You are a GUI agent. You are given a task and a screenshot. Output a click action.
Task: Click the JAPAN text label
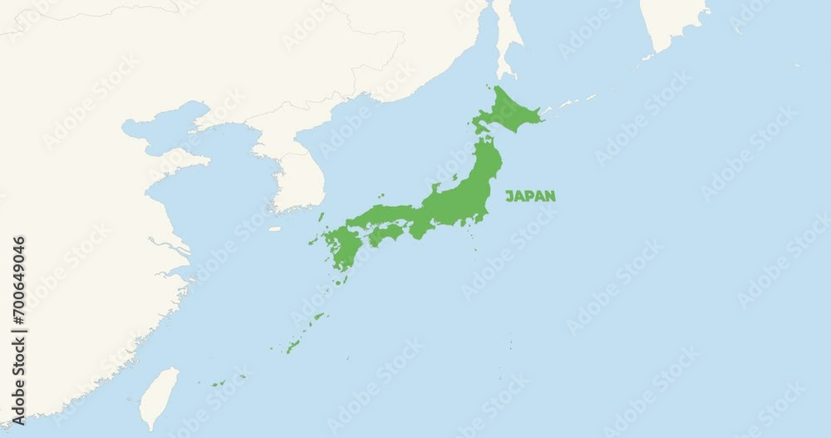coord(530,196)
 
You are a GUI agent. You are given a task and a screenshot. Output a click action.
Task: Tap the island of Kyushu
coord(341,248)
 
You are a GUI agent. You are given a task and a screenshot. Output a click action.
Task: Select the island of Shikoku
coord(386,234)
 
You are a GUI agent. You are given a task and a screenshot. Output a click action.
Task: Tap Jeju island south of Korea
coord(275,229)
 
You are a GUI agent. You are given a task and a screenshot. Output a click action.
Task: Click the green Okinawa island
coord(293,345)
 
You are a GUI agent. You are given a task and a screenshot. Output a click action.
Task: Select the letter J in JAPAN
coord(509,196)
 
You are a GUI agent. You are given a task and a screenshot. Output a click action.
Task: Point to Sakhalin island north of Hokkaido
coord(507,37)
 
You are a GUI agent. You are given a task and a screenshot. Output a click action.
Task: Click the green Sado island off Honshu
coord(435,187)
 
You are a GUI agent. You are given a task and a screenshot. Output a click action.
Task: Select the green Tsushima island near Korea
coord(321,216)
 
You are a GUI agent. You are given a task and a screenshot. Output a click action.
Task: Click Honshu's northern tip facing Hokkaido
coord(485,141)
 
